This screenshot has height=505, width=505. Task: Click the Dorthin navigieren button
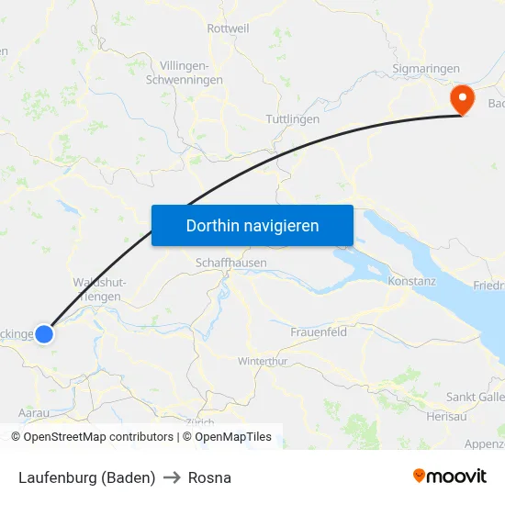(252, 225)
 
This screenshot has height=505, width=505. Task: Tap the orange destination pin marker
(460, 99)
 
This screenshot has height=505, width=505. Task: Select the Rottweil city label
(229, 28)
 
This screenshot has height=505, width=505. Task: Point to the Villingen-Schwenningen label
(191, 73)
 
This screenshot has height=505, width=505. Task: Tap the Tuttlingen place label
(292, 120)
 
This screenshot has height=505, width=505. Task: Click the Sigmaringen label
(425, 69)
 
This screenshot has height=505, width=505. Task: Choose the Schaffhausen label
(231, 263)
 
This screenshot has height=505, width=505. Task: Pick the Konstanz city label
(412, 280)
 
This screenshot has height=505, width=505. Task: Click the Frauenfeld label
(319, 331)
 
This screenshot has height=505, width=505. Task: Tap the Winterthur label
(263, 361)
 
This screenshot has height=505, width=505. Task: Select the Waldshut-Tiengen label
(99, 289)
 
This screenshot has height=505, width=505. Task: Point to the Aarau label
(34, 414)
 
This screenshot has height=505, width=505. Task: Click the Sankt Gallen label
(475, 397)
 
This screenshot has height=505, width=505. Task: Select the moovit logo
(450, 477)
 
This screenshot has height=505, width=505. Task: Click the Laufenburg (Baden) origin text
(86, 477)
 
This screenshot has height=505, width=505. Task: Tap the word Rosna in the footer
(209, 477)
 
